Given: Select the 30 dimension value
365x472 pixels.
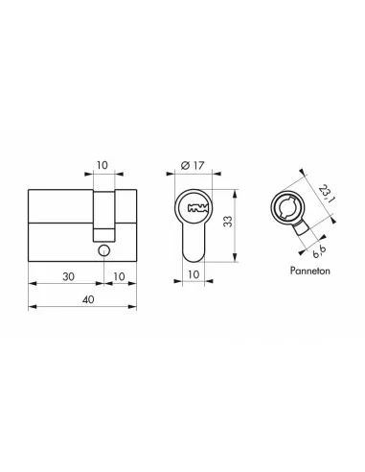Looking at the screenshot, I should pyautogui.click(x=67, y=274).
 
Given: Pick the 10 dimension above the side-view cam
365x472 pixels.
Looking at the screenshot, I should pyautogui.click(x=104, y=164).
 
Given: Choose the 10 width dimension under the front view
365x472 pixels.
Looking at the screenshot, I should pyautogui.click(x=194, y=275).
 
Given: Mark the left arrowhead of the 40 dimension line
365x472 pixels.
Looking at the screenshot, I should pyautogui.click(x=32, y=307).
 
